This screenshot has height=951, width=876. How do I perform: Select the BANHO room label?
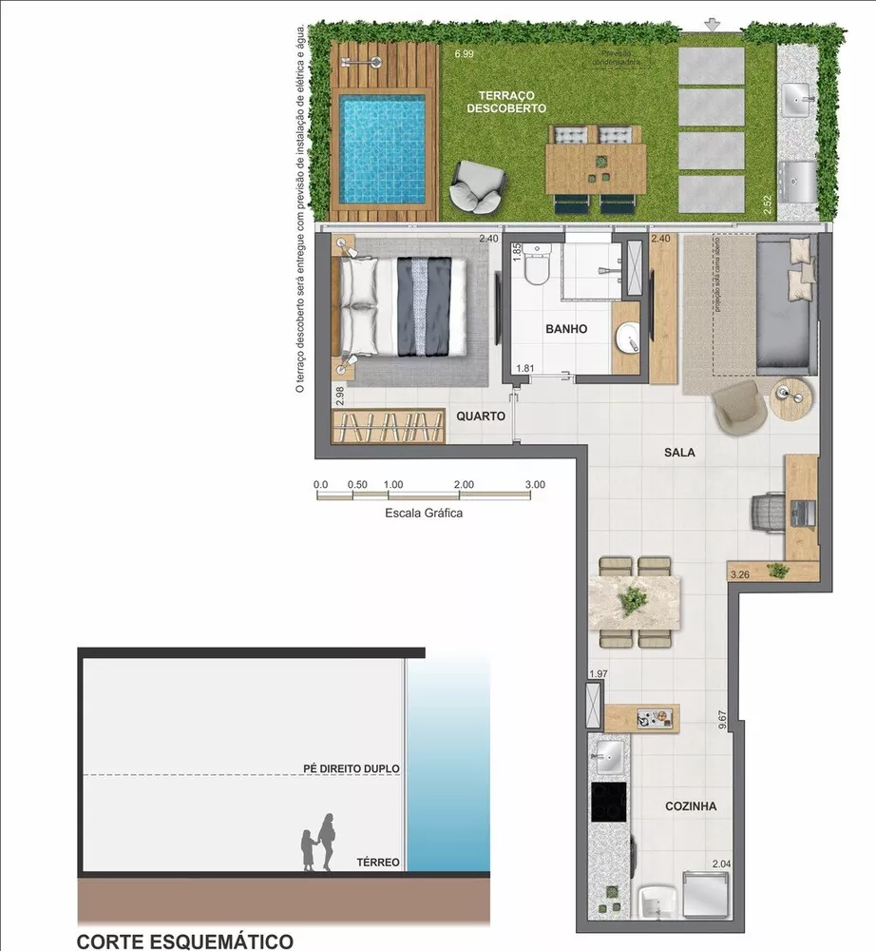point(566,329)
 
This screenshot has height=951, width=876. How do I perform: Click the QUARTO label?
point(480,416)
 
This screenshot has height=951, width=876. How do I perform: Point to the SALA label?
point(679,453)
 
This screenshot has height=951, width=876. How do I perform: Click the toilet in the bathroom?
point(538,266)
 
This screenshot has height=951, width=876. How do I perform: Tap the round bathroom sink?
point(628,336)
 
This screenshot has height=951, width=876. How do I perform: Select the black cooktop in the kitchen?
point(608,801)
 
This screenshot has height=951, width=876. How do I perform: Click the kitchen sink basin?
point(610,758)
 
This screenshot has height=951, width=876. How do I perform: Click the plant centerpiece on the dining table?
point(633,600)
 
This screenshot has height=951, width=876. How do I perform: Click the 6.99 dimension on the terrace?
point(464,54)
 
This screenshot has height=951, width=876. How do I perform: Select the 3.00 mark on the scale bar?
point(535,484)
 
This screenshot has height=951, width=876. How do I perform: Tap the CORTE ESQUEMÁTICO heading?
point(184,941)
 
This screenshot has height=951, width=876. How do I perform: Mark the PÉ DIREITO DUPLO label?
point(352,768)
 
